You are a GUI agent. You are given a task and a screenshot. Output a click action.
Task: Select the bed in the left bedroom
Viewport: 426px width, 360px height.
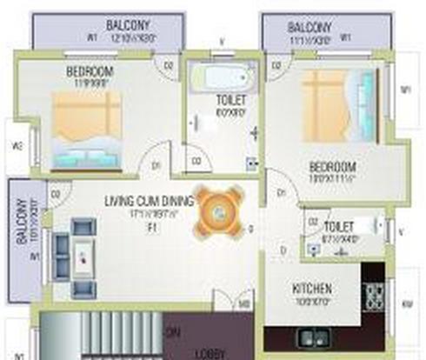tap(85, 130)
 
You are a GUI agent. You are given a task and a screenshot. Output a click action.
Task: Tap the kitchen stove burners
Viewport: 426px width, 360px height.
tap(375, 299)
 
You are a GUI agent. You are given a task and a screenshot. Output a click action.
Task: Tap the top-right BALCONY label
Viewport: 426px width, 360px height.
tap(310, 27)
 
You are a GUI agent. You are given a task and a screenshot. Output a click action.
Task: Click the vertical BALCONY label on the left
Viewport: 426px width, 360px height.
tap(21, 221)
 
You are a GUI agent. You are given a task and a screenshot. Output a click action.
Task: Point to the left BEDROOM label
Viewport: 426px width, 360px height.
tap(90, 71)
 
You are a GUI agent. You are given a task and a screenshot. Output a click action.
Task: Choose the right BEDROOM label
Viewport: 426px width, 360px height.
tap(333, 166)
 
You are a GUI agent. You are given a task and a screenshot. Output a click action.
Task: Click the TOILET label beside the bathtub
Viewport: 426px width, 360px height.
tap(231, 101)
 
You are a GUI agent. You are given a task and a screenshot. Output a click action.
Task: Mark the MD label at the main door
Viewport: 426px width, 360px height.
tap(245, 303)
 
